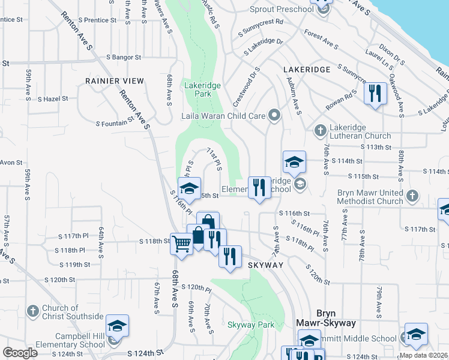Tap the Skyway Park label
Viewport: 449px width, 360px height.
(x=251, y=325)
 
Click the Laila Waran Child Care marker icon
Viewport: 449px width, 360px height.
(x=275, y=115)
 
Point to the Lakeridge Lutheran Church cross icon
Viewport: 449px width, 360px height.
(x=320, y=130)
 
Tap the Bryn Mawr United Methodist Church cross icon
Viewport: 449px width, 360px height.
(x=412, y=196)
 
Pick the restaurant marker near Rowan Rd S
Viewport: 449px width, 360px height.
(x=375, y=93)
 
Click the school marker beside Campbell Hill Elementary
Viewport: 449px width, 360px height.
(x=117, y=326)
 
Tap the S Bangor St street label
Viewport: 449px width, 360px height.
(x=123, y=58)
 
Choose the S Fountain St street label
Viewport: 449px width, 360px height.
(x=114, y=123)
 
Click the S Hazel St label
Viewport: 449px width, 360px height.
(x=52, y=98)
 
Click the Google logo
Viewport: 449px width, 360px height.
(x=20, y=353)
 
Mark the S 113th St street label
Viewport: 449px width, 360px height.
(x=376, y=147)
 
